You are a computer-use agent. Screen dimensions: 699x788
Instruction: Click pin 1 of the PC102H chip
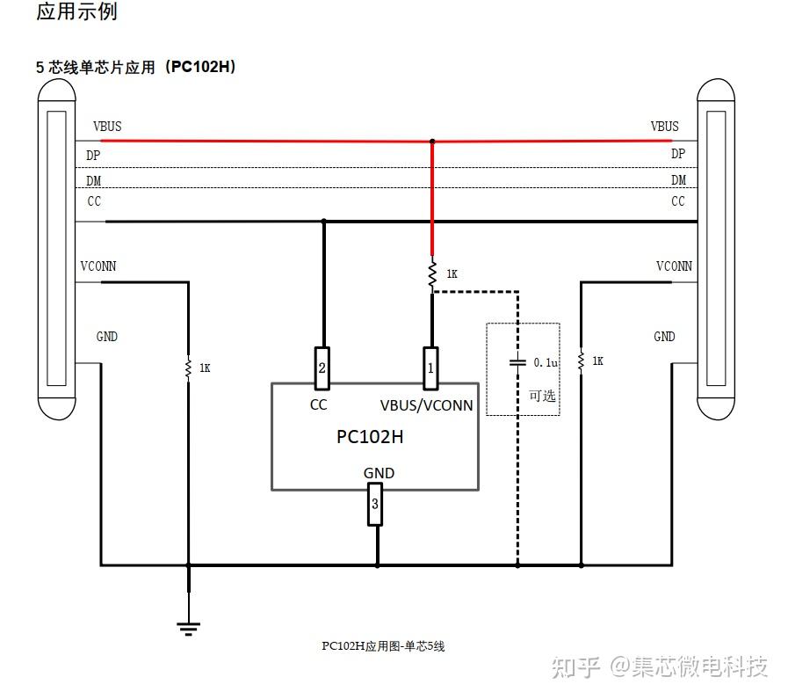[430, 368]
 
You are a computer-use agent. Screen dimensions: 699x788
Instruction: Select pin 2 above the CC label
[322, 368]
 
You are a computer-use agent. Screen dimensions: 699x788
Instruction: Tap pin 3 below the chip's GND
[375, 505]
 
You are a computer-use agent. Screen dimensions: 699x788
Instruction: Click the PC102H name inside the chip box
[370, 437]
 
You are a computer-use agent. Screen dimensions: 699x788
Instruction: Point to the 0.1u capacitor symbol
[517, 362]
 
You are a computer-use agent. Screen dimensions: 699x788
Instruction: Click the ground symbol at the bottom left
[188, 627]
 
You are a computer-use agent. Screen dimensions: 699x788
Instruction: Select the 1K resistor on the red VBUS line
[431, 274]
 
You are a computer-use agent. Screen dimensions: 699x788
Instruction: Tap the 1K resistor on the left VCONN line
[188, 368]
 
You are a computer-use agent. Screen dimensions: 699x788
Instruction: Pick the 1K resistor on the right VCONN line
[581, 360]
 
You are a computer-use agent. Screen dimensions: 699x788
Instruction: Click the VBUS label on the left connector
[107, 127]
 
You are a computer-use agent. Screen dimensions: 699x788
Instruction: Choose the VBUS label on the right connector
[664, 127]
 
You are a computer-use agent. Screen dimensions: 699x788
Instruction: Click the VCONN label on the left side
[98, 266]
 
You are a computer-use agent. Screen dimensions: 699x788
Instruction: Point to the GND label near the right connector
[664, 337]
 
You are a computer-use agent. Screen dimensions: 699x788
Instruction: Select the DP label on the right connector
[678, 154]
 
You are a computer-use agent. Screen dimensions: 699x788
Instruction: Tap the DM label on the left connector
[93, 181]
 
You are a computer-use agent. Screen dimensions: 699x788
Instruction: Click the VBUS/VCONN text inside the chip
[426, 405]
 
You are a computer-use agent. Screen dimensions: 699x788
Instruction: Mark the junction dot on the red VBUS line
[431, 141]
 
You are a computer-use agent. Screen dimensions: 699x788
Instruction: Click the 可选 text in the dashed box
[542, 395]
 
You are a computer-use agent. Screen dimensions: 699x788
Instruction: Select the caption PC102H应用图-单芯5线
[383, 646]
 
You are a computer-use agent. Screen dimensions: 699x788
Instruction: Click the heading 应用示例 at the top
[76, 12]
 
